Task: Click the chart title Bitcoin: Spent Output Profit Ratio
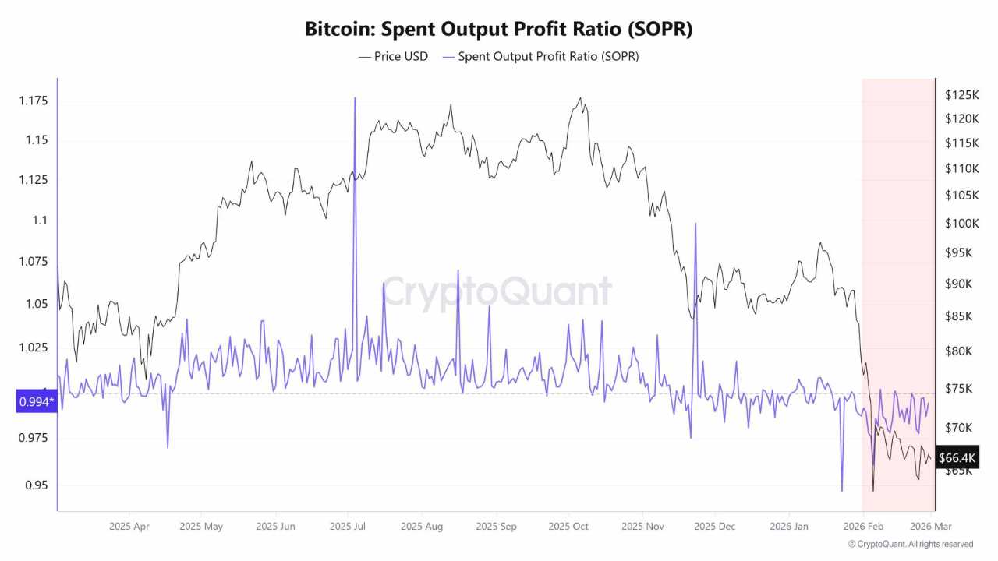pyautogui.click(x=498, y=29)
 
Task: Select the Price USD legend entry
pyautogui.click(x=393, y=56)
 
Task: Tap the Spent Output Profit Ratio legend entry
pyautogui.click(x=540, y=56)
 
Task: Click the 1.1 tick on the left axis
pyautogui.click(x=39, y=221)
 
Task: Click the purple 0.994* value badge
pyautogui.click(x=36, y=401)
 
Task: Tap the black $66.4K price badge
pyautogui.click(x=957, y=458)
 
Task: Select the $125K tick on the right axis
pyautogui.click(x=961, y=95)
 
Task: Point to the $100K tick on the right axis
pyautogui.click(x=961, y=224)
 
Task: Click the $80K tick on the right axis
pyautogui.click(x=959, y=351)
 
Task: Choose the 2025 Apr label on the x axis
pyautogui.click(x=129, y=527)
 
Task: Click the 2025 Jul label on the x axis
pyautogui.click(x=348, y=527)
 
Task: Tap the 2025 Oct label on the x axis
pyautogui.click(x=568, y=527)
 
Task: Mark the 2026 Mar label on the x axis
pyautogui.click(x=930, y=527)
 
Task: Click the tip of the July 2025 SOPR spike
pyautogui.click(x=355, y=98)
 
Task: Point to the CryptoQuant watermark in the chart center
pyautogui.click(x=497, y=292)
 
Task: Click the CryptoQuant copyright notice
pyautogui.click(x=910, y=544)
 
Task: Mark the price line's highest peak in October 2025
pyautogui.click(x=579, y=98)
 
